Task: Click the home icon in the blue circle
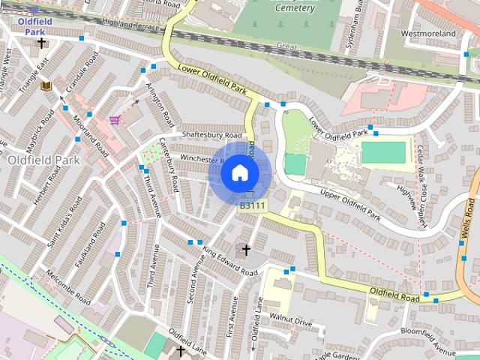point(238,173)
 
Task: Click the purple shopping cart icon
point(113,119)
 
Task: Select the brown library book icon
point(46,87)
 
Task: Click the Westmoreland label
point(428,34)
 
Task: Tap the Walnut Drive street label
point(291,322)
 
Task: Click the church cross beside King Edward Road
point(245,249)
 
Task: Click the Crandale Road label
point(81,75)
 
